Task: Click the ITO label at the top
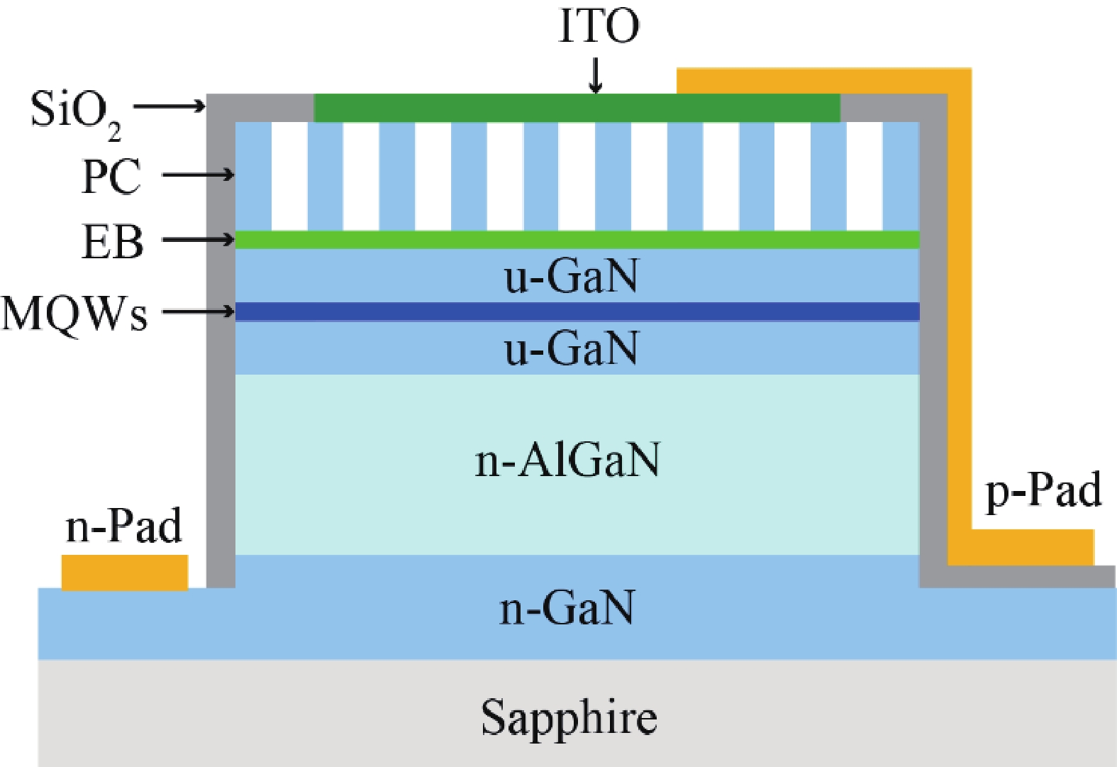click(599, 26)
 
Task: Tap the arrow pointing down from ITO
click(596, 75)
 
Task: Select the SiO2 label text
click(75, 111)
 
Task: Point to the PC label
click(111, 177)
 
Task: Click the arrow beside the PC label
click(198, 175)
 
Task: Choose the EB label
click(113, 242)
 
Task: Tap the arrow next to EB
click(198, 240)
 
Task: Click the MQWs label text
click(74, 314)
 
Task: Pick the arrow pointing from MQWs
click(198, 311)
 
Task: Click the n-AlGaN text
click(567, 460)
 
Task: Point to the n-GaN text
click(567, 608)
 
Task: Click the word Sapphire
click(569, 718)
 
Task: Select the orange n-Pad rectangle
click(125, 572)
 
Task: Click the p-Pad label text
click(1043, 490)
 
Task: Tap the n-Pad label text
click(123, 526)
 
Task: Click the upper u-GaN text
click(571, 276)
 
